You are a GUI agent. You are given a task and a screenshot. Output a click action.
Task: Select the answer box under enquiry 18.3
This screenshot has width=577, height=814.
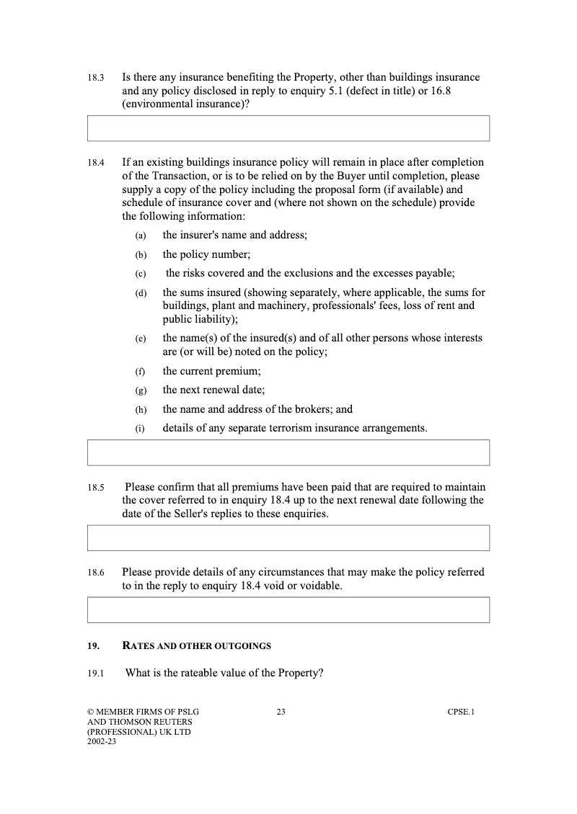(288, 128)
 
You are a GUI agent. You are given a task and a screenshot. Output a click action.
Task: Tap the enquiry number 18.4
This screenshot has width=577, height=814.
(96, 164)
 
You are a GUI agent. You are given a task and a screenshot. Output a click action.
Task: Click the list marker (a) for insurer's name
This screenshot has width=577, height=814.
(140, 236)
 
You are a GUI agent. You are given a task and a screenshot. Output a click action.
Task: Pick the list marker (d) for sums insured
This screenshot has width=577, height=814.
(140, 294)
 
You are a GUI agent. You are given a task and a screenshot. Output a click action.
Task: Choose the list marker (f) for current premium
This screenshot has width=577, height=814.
(139, 372)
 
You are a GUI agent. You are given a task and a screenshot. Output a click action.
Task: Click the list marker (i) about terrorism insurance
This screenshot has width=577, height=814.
(139, 429)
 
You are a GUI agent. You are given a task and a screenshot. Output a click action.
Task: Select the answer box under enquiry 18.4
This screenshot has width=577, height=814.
(288, 452)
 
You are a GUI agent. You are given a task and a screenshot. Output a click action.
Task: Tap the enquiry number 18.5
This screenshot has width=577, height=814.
(96, 488)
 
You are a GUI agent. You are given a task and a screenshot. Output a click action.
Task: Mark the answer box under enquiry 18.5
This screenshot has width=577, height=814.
(288, 537)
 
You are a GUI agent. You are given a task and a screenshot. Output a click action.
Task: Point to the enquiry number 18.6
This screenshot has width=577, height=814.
(96, 573)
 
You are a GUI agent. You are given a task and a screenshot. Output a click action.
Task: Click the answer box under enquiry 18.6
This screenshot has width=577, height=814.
(288, 609)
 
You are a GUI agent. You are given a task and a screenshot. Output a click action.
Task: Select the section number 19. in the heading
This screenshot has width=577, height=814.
(93, 646)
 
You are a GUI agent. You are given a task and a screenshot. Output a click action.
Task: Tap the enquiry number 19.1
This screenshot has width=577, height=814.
(96, 674)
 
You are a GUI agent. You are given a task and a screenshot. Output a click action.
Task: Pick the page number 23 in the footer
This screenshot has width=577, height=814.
(281, 712)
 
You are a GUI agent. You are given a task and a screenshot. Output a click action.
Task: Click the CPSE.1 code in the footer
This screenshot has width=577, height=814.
(460, 712)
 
